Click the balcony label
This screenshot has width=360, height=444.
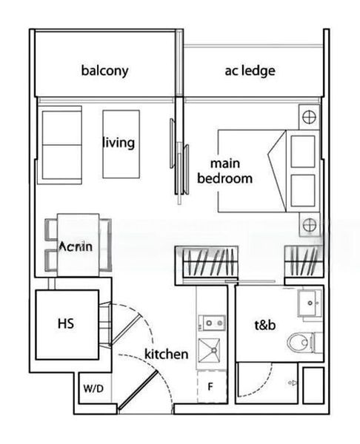104,71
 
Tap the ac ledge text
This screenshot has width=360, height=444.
250,71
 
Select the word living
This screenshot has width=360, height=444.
119,141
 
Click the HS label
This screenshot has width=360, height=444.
64,324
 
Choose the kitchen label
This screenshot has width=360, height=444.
166,354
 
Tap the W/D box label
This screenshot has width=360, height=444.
93,388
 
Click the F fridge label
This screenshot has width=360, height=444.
210,386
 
